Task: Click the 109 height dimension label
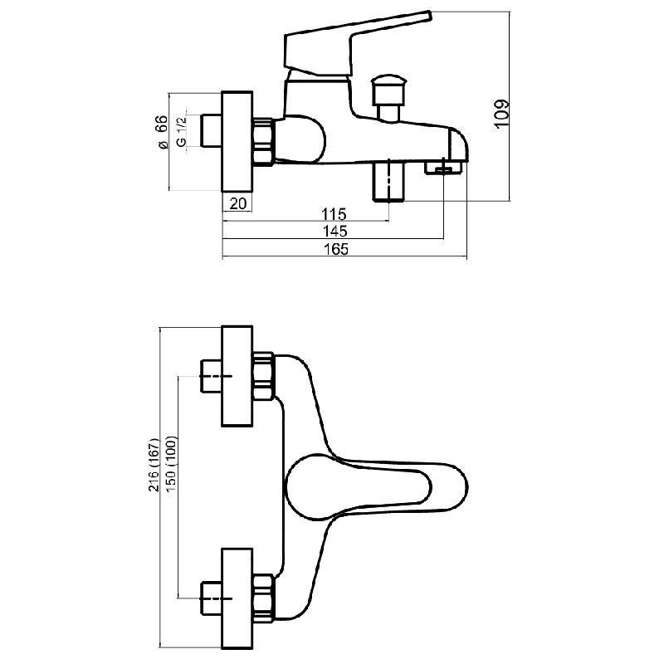501,113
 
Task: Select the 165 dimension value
336,249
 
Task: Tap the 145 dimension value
335,232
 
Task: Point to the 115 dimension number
334,214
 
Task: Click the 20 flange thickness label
238,203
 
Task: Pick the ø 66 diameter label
162,132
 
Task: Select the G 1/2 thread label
181,132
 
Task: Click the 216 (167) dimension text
154,465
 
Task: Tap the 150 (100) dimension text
171,464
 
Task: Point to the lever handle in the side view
358,45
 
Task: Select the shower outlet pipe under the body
388,180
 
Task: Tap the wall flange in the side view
237,141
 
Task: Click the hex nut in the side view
263,142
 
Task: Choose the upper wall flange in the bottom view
237,376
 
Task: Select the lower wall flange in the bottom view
237,598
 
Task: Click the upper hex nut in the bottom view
263,377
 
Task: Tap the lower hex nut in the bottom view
263,598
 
